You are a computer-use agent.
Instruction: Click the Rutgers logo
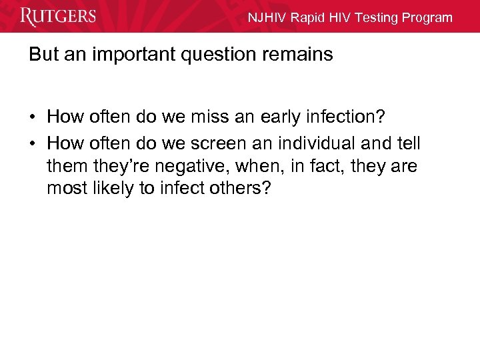click(x=58, y=17)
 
